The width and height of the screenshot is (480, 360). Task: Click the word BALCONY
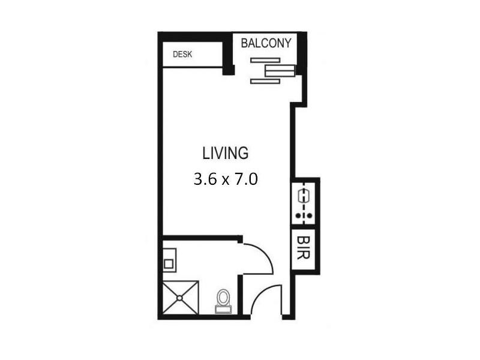coord(266,43)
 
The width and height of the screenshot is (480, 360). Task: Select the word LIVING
coord(225,153)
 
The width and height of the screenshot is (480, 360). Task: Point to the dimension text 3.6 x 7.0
coord(225,179)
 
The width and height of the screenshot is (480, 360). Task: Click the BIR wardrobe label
coord(302,247)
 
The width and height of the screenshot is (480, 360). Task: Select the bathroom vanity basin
coord(170,263)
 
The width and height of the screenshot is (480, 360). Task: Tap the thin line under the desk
coord(192,68)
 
